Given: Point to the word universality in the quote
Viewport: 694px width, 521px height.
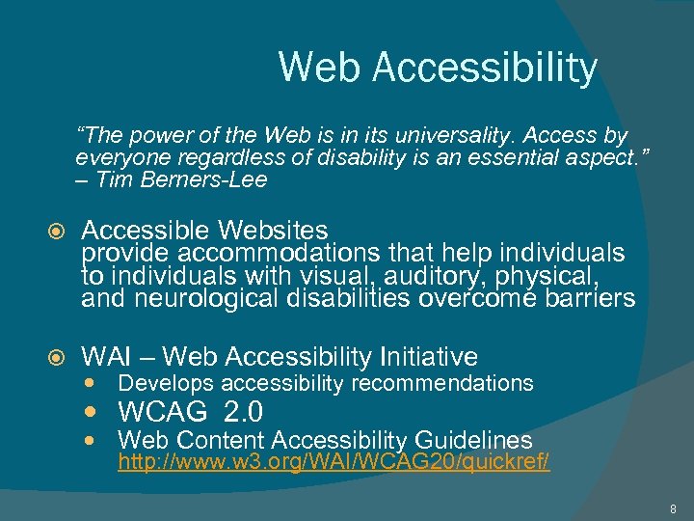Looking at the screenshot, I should [x=457, y=136].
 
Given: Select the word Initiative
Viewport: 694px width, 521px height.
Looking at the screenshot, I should [x=428, y=357].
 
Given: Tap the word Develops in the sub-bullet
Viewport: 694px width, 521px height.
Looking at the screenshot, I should [x=161, y=384].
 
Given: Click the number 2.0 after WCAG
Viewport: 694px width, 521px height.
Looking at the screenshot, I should [x=242, y=413].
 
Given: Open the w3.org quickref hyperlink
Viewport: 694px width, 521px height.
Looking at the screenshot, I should [x=334, y=462].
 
